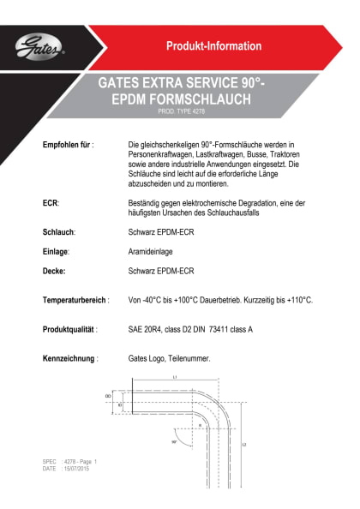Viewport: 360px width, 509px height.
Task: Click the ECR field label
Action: pos(51,202)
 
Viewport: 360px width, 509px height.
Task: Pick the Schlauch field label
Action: pos(59,232)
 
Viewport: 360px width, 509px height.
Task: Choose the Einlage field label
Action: pos(56,251)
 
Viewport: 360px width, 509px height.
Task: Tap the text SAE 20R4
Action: pos(147,329)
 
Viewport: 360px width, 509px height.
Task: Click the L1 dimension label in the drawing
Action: pos(175,377)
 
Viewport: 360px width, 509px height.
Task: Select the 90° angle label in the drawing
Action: pos(174,442)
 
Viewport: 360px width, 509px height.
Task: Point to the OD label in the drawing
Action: pos(108,396)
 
